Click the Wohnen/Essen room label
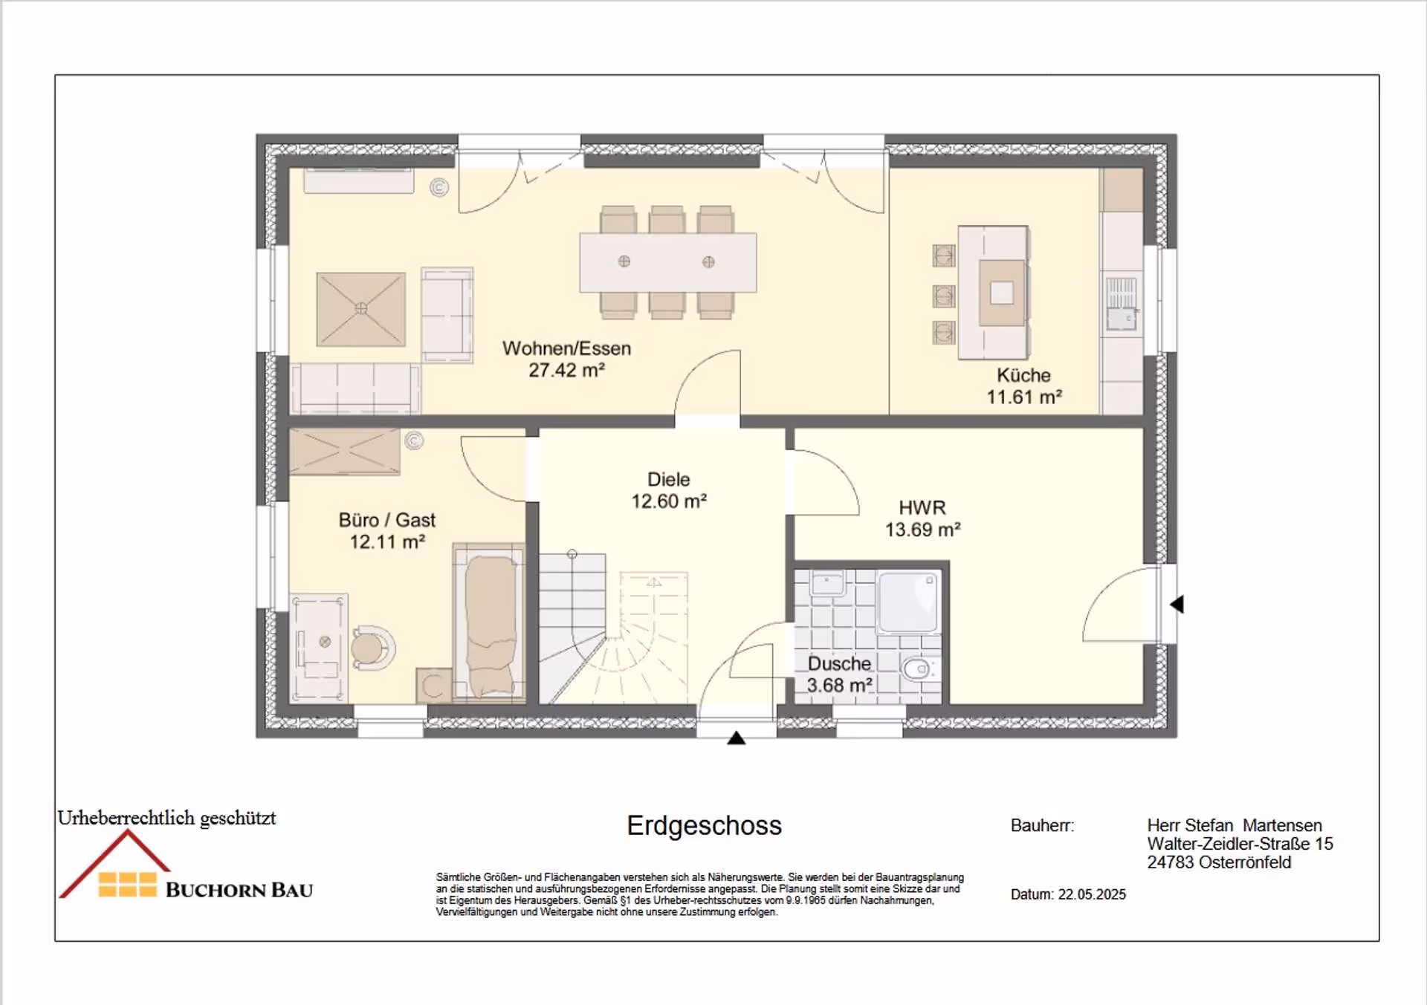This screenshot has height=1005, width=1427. tap(566, 348)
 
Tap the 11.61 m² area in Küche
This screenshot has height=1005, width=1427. tap(1024, 397)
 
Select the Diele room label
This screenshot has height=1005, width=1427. tap(669, 480)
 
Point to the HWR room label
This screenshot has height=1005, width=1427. tap(922, 508)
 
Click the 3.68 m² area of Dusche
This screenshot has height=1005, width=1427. tap(839, 686)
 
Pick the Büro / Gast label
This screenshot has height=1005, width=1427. tap(387, 520)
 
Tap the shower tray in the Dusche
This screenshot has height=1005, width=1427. tap(908, 602)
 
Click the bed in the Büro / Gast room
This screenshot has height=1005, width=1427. tap(489, 624)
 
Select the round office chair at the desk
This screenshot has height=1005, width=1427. tap(371, 648)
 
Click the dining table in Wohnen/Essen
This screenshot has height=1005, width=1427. tap(668, 262)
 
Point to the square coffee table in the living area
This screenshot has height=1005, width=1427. tap(361, 309)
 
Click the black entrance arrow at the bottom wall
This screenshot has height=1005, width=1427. tap(737, 738)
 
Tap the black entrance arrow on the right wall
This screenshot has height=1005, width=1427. tap(1177, 605)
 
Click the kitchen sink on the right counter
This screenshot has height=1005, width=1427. tap(1122, 305)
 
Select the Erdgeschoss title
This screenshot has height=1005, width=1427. tap(704, 826)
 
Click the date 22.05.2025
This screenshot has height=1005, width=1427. tap(1092, 894)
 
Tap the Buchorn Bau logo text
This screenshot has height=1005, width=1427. tap(239, 890)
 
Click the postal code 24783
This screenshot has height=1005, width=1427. tap(1171, 862)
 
